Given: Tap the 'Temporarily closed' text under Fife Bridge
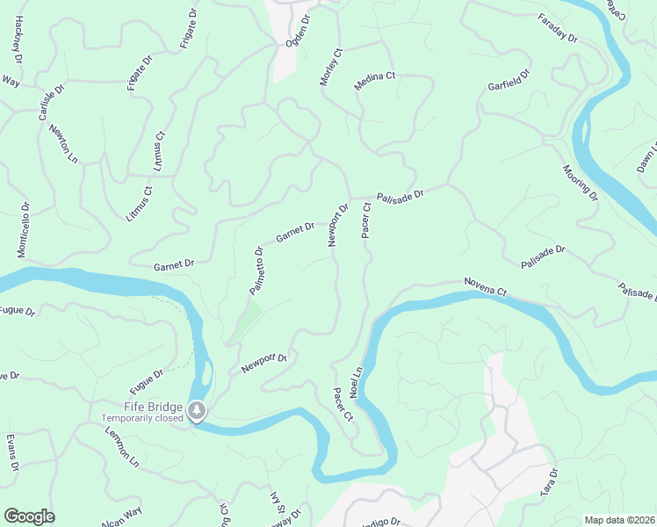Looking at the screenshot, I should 141,418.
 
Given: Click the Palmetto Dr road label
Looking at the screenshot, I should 256,271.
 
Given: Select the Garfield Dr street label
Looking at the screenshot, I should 509,81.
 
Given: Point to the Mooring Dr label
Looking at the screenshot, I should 580,182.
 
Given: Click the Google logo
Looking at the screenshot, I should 29,516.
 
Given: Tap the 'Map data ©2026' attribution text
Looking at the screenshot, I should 619,520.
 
